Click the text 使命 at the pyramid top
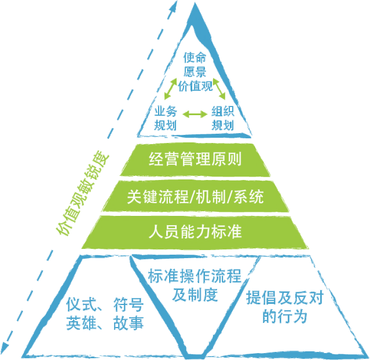pyautogui.click(x=195, y=57)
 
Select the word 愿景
pyautogui.click(x=195, y=72)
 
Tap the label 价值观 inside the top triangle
pyautogui.click(x=195, y=86)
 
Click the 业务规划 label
pyautogui.click(x=166, y=119)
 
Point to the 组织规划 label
pyautogui.click(x=222, y=119)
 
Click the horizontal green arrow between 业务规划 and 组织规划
pyautogui.click(x=195, y=114)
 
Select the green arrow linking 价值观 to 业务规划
pyautogui.click(x=171, y=89)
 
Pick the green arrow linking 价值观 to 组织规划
pyautogui.click(x=219, y=89)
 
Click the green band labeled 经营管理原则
pyautogui.click(x=195, y=160)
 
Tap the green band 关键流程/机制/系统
pyautogui.click(x=195, y=196)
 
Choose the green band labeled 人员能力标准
pyautogui.click(x=195, y=232)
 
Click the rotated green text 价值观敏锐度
pyautogui.click(x=82, y=193)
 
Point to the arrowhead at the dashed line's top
pyautogui.click(x=174, y=6)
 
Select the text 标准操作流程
pyautogui.click(x=195, y=276)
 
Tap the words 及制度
pyautogui.click(x=195, y=295)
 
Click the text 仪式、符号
pyautogui.click(x=105, y=304)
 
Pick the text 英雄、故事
pyautogui.click(x=105, y=323)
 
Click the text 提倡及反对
pyautogui.click(x=285, y=297)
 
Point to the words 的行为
pyautogui.click(x=285, y=316)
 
